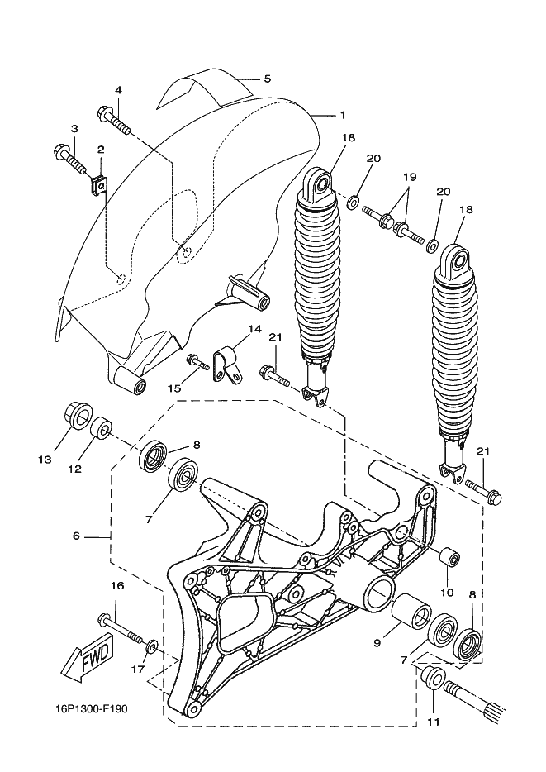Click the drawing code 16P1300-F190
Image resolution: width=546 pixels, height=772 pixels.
point(91,709)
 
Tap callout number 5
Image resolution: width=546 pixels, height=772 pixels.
point(267,79)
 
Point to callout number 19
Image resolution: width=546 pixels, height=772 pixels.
point(410,177)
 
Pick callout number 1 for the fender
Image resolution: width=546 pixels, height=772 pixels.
point(343,115)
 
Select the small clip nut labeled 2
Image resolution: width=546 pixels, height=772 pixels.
point(99,184)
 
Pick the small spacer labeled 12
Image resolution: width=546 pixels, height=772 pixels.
point(102,428)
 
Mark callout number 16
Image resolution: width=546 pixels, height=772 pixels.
point(117,586)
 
